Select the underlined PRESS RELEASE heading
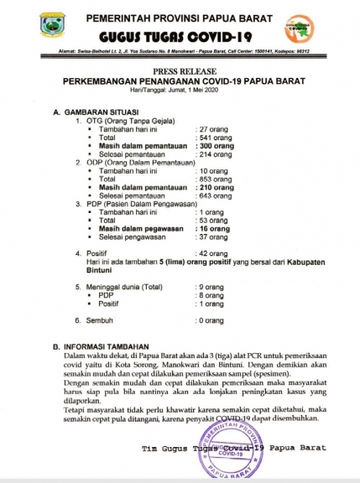click(182, 73)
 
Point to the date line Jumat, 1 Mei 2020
click(181, 92)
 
